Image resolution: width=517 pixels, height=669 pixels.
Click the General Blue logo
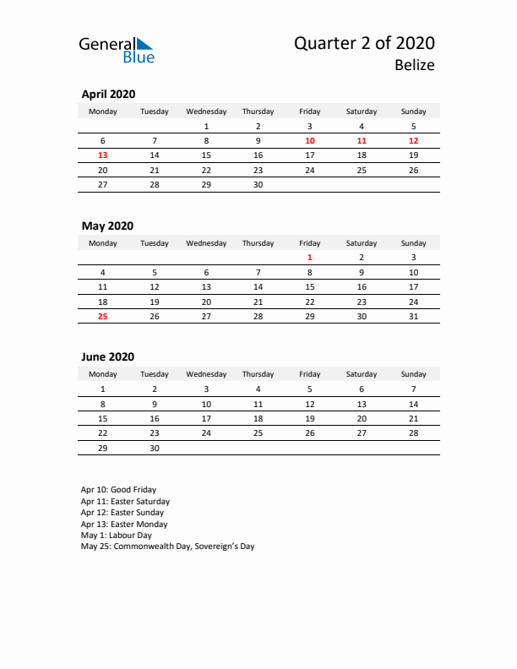point(117,49)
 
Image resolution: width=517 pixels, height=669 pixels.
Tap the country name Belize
point(414,65)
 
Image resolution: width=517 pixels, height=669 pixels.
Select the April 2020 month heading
point(107,95)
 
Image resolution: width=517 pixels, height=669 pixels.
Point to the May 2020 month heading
point(106,226)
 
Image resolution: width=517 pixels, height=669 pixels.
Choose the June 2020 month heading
point(107,357)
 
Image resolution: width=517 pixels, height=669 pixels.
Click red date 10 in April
point(310,140)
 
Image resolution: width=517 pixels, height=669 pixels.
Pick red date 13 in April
point(103,155)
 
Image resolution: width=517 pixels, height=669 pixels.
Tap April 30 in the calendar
point(258,185)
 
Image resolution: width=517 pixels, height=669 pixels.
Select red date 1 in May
point(310,257)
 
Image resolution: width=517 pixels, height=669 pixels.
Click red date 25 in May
point(103,317)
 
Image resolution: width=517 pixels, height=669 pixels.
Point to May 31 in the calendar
point(413,317)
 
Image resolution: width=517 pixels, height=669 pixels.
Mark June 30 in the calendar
point(154,449)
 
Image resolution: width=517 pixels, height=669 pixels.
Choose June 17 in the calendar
point(206,418)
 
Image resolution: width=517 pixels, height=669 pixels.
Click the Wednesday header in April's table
point(206,111)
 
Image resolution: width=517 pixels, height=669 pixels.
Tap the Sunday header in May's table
point(413,243)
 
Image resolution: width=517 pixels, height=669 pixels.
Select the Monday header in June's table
point(103,374)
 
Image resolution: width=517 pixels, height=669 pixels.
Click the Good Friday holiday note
point(118,490)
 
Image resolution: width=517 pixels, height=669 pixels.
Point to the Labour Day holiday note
point(116,535)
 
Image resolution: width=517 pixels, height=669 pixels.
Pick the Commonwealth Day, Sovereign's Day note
point(167,547)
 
